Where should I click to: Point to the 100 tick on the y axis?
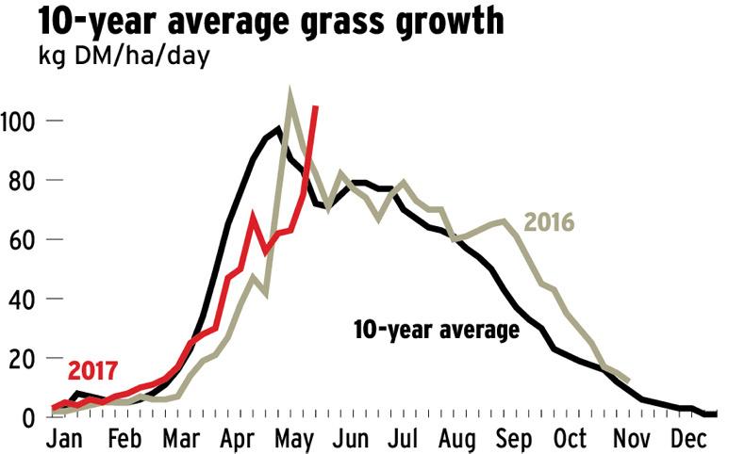pos(21,122)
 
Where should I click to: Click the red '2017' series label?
pos(98,368)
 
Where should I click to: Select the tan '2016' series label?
pos(549,223)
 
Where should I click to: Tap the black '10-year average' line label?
pos(436,331)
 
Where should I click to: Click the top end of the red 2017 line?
pos(315,107)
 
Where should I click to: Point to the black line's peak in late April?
pos(278,128)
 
